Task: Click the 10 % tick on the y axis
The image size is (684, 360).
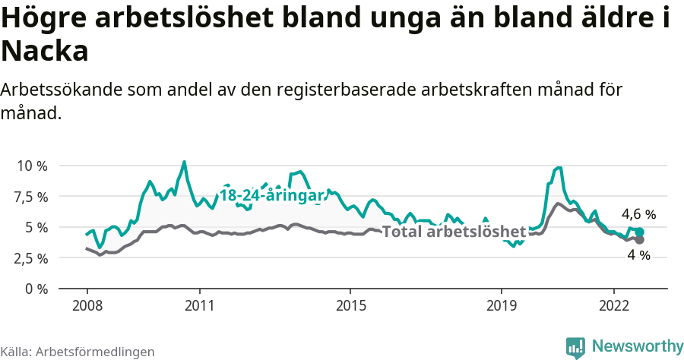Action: click(x=32, y=166)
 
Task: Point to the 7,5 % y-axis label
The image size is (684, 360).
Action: click(x=32, y=197)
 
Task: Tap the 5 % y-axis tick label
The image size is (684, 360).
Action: click(x=36, y=227)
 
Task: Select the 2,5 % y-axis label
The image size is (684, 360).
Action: click(x=32, y=258)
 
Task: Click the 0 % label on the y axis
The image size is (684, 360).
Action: click(x=36, y=289)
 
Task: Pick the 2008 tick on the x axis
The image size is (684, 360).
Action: click(x=87, y=305)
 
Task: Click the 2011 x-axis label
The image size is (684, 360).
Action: click(x=199, y=305)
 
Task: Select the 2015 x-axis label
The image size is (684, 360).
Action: click(x=350, y=305)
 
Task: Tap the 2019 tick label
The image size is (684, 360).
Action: click(x=501, y=305)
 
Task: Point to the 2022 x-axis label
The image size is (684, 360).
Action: click(x=613, y=305)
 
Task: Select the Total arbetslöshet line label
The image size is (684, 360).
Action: click(x=454, y=232)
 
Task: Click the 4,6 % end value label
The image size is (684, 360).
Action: click(x=638, y=214)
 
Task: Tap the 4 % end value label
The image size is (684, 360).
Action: click(x=638, y=256)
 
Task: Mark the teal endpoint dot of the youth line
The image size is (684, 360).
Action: click(x=639, y=232)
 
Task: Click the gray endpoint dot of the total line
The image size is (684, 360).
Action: click(x=639, y=240)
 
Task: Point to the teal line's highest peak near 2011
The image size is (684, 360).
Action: click(x=184, y=162)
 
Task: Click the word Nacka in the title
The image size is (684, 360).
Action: click(x=45, y=52)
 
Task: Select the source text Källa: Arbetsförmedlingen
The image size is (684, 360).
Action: click(x=78, y=352)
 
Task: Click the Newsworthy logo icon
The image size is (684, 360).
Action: click(x=575, y=346)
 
